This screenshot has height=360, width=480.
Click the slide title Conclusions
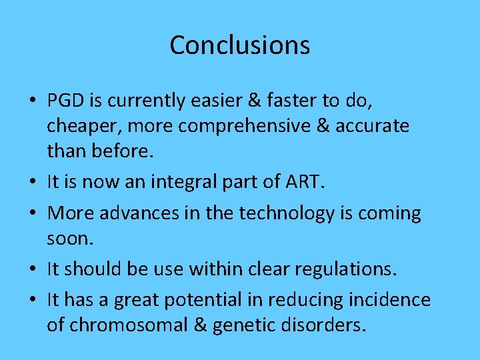click(x=239, y=45)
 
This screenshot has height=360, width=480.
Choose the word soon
click(x=69, y=238)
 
